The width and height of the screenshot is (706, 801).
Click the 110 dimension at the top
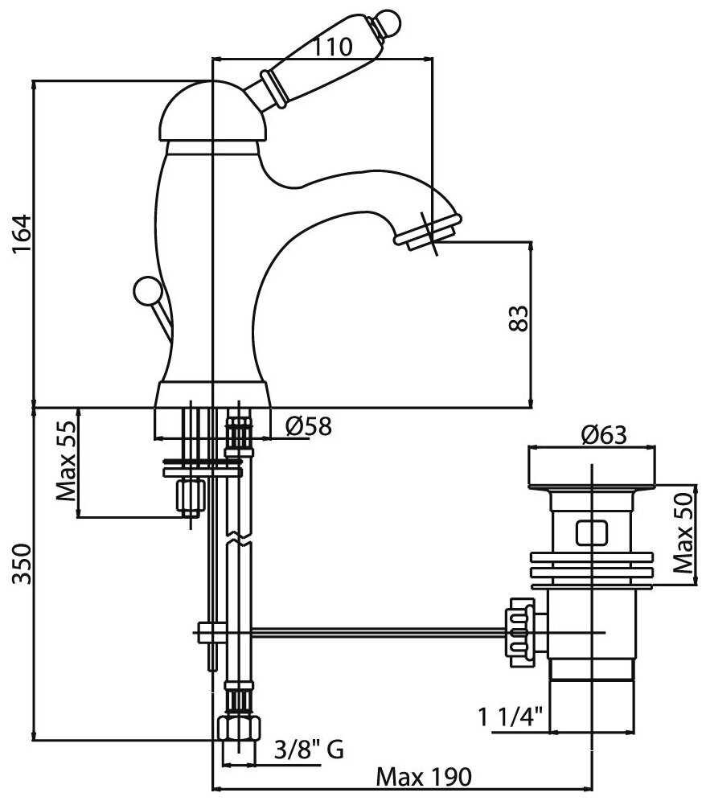click(332, 47)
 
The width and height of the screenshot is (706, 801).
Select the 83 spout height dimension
click(519, 316)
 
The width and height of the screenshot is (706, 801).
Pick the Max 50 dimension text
click(683, 532)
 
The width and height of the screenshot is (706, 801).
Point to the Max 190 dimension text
click(424, 778)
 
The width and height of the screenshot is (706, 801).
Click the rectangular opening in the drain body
click(591, 532)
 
